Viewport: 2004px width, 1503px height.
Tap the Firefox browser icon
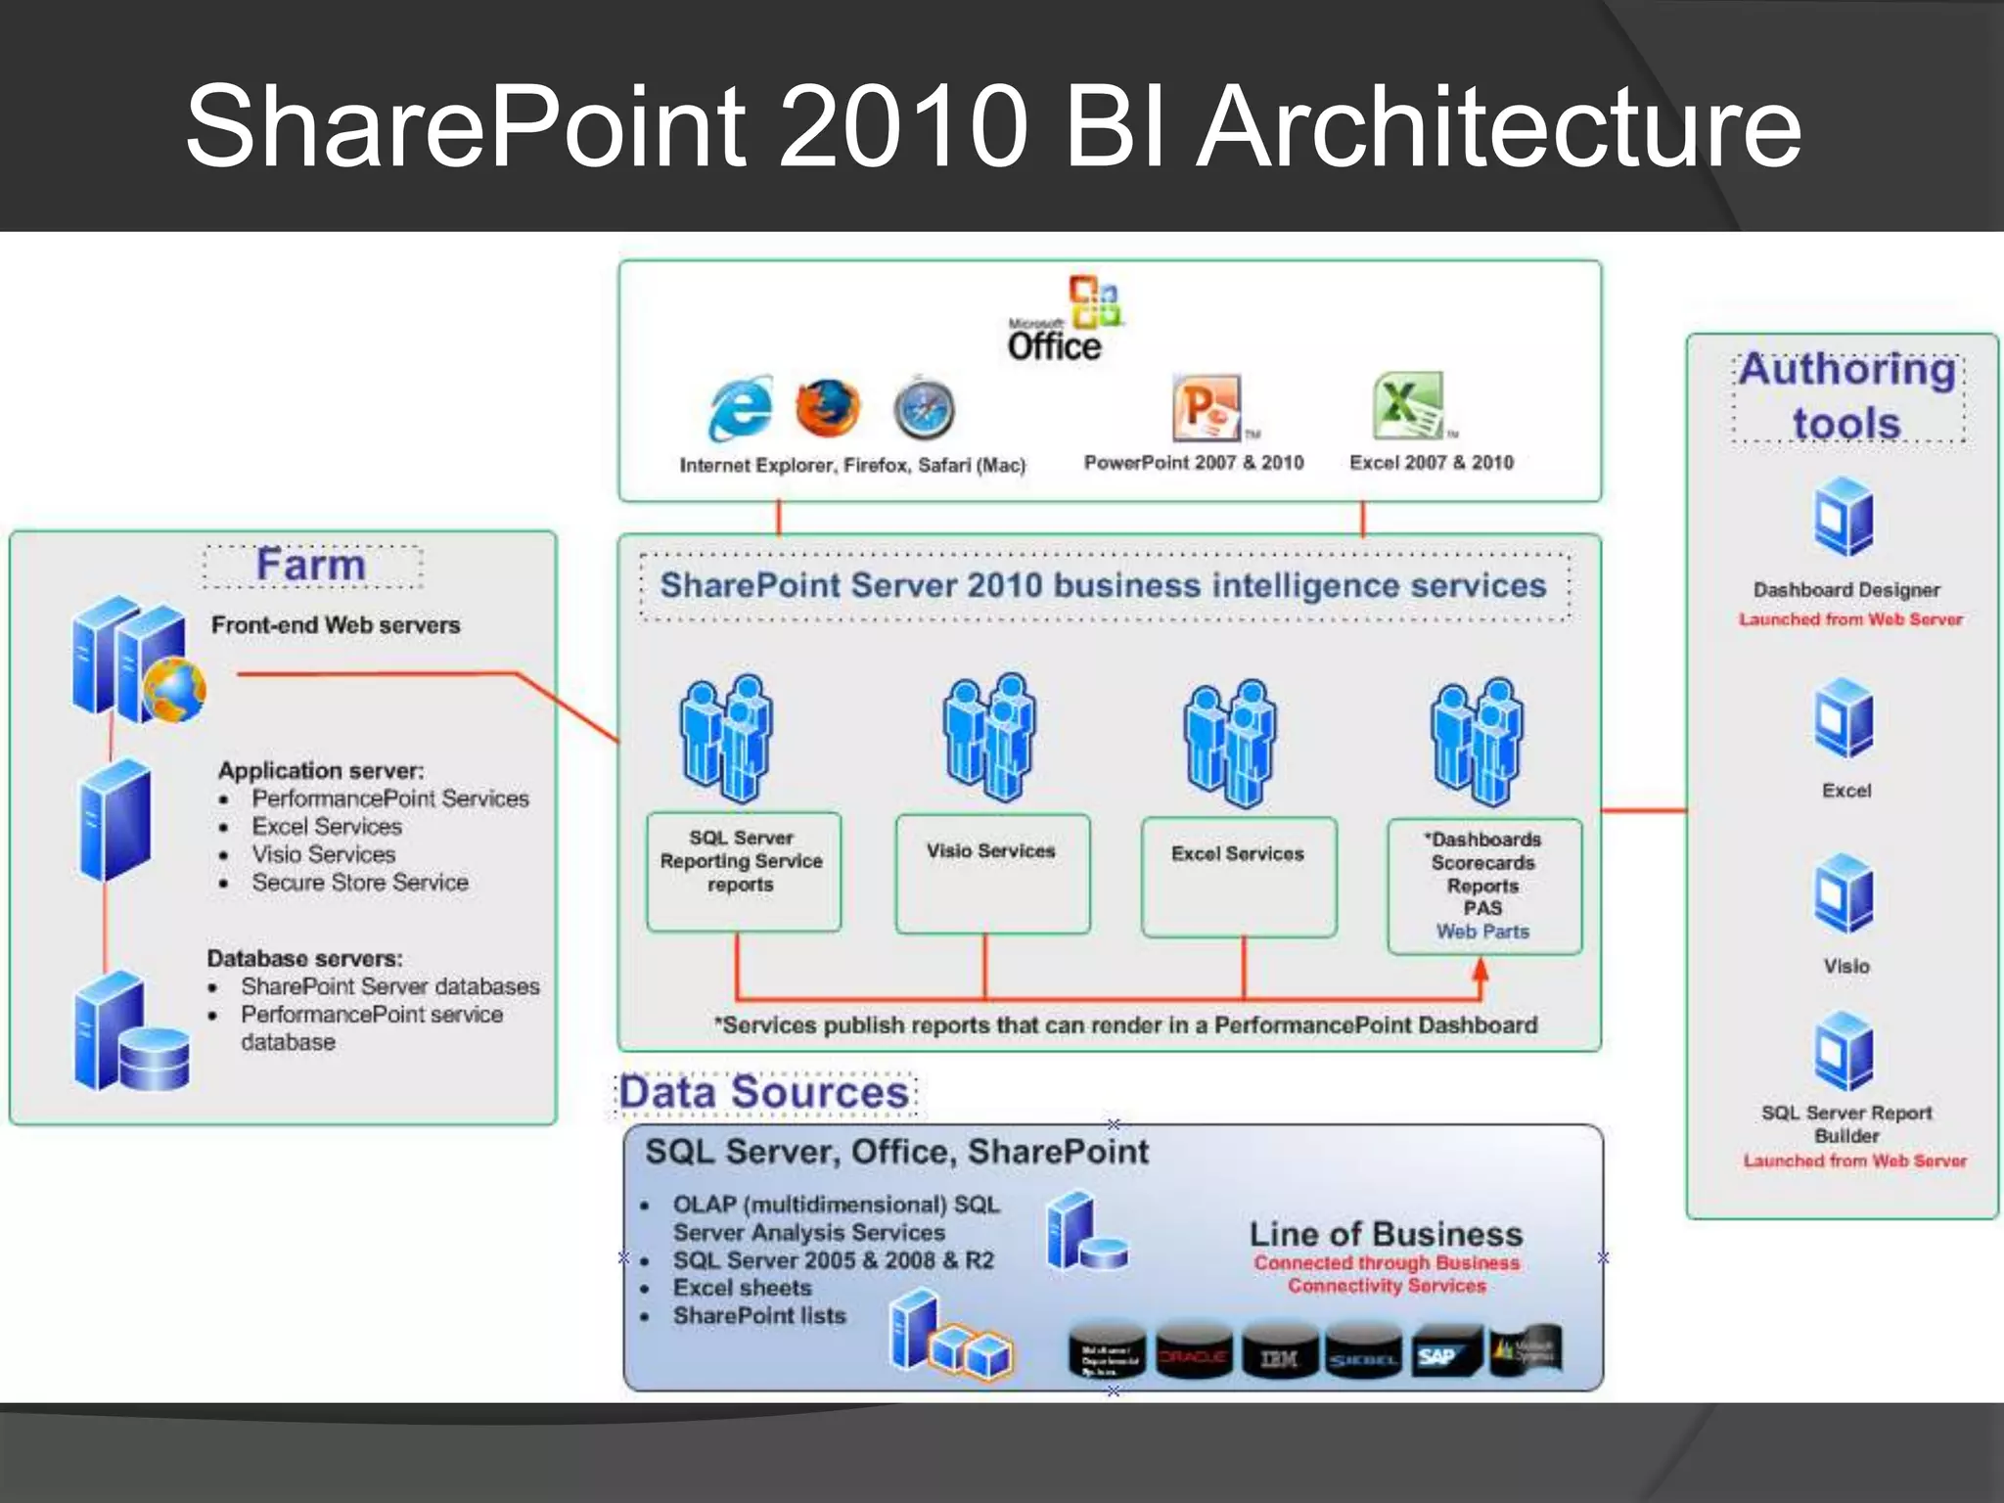pos(828,407)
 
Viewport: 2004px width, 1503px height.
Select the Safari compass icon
pos(924,409)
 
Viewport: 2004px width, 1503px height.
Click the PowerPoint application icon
pos(1207,407)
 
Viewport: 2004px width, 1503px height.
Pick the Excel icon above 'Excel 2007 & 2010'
pos(1408,405)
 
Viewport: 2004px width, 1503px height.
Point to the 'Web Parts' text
pos(1482,932)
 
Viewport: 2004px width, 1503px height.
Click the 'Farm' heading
pos(311,566)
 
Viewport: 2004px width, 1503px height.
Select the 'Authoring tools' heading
pos(1847,396)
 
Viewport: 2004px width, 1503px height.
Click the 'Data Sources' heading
pos(764,1093)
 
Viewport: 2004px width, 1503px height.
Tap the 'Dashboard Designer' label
pos(1846,590)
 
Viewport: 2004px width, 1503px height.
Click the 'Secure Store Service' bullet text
pos(360,883)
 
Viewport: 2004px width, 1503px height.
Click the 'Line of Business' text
pos(1386,1234)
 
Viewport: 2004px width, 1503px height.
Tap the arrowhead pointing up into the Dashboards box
pos(1480,969)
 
